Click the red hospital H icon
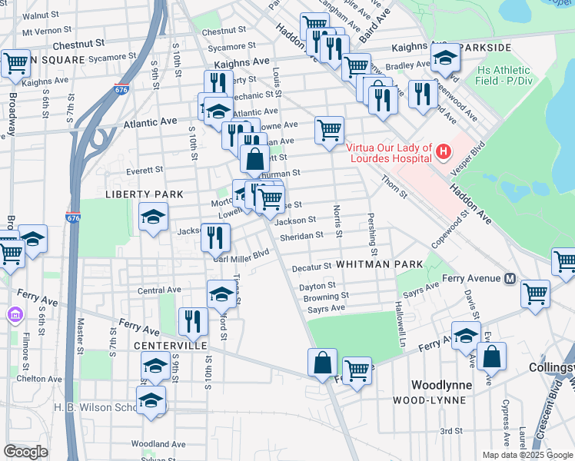(443, 152)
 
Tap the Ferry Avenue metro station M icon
(509, 279)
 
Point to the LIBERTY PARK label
(145, 194)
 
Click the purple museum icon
(13, 315)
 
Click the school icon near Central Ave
(221, 294)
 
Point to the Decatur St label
(311, 267)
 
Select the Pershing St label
(373, 234)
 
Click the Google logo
(25, 452)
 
